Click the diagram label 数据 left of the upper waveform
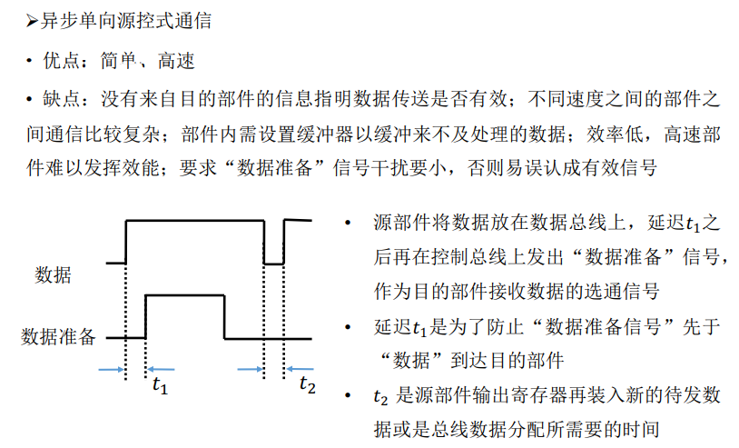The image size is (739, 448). [x=53, y=274]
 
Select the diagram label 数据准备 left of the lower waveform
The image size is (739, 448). [x=58, y=338]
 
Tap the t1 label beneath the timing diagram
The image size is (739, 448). [x=160, y=385]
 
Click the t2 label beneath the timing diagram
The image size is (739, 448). [x=308, y=385]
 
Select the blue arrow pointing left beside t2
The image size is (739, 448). [x=301, y=368]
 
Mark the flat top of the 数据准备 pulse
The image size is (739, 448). [x=184, y=294]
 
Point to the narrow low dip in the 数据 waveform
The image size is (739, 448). [x=273, y=263]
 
